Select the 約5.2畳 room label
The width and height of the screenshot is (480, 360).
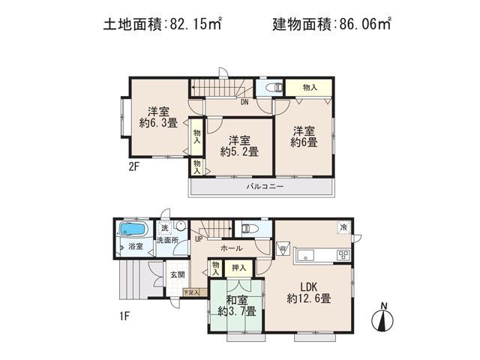pyautogui.click(x=239, y=145)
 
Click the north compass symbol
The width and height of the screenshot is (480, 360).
pyautogui.click(x=382, y=317)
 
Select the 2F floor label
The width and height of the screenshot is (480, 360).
pyautogui.click(x=133, y=167)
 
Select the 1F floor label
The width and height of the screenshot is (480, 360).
pyautogui.click(x=124, y=316)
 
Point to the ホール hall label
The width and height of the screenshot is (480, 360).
pyautogui.click(x=230, y=247)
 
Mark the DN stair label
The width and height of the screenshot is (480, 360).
pyautogui.click(x=244, y=103)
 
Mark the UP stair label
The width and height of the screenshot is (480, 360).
pyautogui.click(x=199, y=239)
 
